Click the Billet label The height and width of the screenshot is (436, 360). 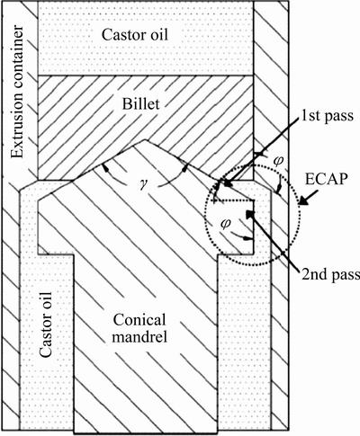coord(140,104)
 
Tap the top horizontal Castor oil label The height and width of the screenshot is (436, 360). coord(135,34)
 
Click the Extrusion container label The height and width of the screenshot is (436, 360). coord(17,92)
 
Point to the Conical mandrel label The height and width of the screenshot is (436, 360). coord(139,329)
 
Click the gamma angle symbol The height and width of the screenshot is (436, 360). coord(142,182)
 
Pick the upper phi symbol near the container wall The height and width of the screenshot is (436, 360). coord(278,161)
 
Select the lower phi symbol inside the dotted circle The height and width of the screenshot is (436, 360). coord(225,223)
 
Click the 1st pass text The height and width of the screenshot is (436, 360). coord(328,115)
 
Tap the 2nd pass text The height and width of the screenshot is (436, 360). coord(330,274)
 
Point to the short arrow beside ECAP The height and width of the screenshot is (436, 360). coord(308,200)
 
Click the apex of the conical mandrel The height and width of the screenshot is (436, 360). coord(145,139)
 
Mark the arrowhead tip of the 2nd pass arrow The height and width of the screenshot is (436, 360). coord(247,211)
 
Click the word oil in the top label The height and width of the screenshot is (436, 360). coord(157,34)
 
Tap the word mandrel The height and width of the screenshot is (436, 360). coord(139,337)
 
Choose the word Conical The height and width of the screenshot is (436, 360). coord(139,320)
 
